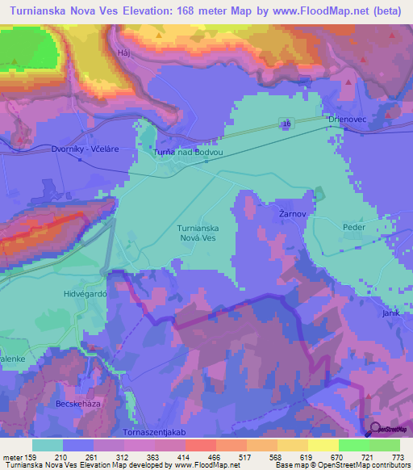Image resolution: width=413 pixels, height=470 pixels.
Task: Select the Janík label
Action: coord(391,312)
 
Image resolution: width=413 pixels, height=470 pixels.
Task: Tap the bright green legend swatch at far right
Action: coord(385,445)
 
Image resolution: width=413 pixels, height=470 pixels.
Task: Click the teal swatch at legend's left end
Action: coord(48,445)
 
